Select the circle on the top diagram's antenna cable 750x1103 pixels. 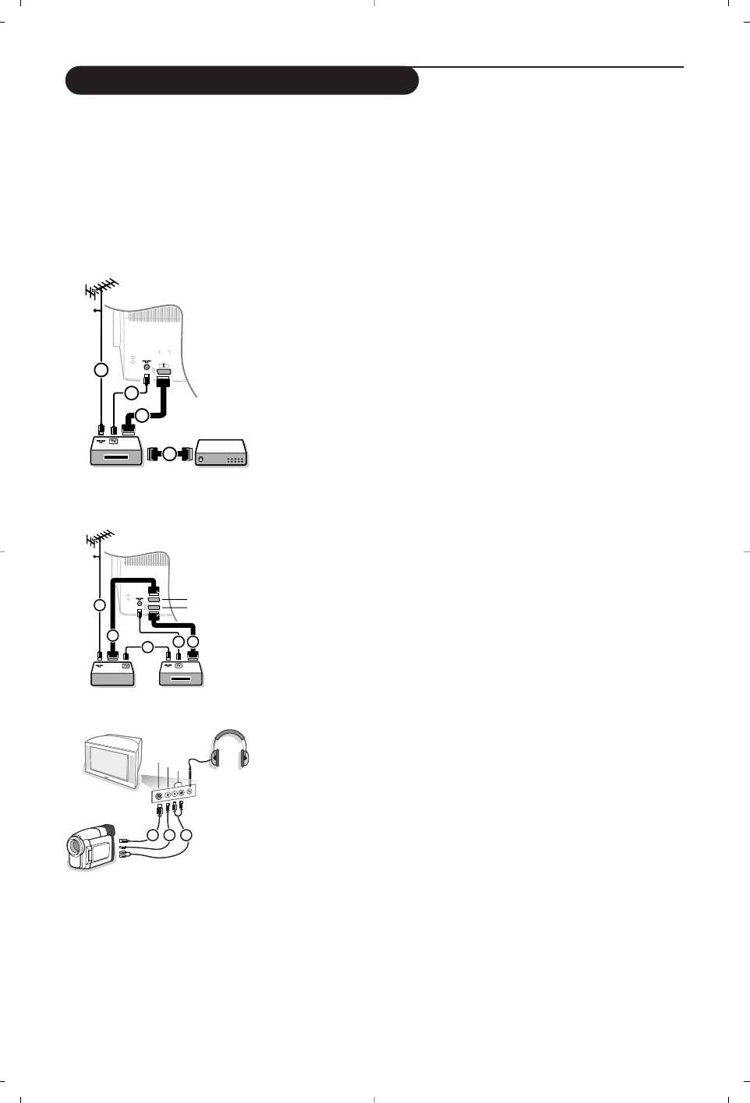pos(101,368)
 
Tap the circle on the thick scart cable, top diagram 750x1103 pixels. pos(142,416)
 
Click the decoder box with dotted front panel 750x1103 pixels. pos(221,453)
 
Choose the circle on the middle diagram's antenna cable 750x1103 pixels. pos(101,604)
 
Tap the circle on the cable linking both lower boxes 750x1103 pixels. pos(147,647)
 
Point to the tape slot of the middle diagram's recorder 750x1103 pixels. pos(180,678)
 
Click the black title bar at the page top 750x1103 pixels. pos(242,80)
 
